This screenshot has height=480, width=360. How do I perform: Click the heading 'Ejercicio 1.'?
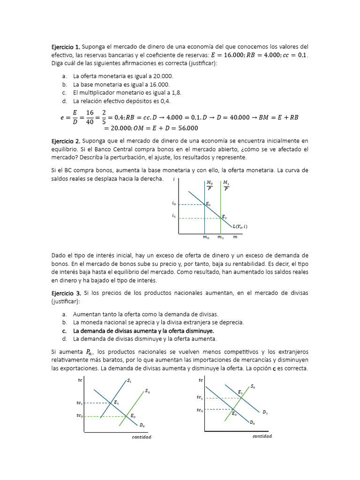click(x=66, y=47)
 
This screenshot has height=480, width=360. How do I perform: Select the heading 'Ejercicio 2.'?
click(x=66, y=141)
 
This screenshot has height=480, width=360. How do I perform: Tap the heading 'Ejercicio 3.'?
click(x=66, y=292)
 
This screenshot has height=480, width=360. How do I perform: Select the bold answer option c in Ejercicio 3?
click(x=144, y=330)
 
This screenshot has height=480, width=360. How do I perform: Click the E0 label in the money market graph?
click(x=208, y=204)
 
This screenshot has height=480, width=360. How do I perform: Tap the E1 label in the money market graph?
click(x=224, y=217)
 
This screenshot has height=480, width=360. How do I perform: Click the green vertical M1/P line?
click(x=220, y=211)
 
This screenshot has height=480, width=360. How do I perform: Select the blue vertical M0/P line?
click(x=204, y=220)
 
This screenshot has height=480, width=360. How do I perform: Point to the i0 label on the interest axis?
click(x=174, y=204)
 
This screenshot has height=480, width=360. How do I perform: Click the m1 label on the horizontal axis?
click(x=220, y=238)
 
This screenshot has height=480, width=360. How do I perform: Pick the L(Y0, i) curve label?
click(x=240, y=226)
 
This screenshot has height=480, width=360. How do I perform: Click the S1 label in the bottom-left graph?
click(x=129, y=381)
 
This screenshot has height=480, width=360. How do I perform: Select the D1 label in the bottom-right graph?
click(x=265, y=412)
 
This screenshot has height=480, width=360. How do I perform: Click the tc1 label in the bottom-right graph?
click(x=200, y=397)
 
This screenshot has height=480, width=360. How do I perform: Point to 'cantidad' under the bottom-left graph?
click(x=141, y=437)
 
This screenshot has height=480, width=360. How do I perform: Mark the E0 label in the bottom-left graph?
click(x=133, y=416)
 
